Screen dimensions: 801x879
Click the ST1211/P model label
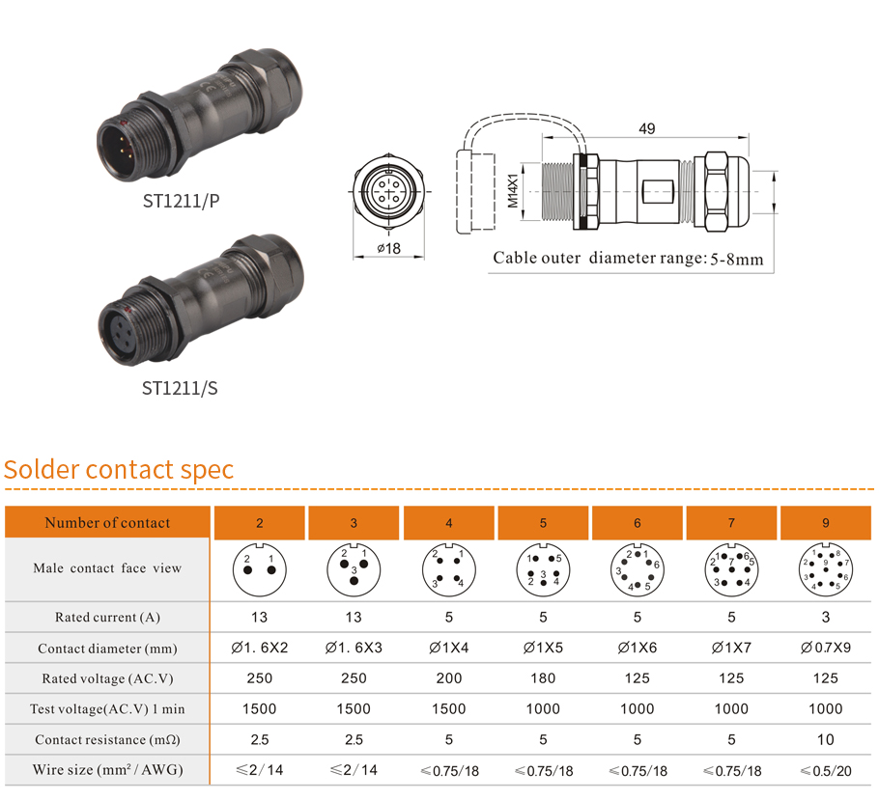pos(181,201)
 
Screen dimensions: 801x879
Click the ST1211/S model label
pos(181,388)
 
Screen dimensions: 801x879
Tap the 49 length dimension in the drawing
pos(647,128)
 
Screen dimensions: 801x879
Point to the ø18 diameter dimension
pos(388,248)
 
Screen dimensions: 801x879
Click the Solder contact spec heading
pos(119,470)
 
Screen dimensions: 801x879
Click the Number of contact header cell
pos(107,523)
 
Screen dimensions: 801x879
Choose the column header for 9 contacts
pos(826,523)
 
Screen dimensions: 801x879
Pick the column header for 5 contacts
pos(543,523)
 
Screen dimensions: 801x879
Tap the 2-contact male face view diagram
pos(260,568)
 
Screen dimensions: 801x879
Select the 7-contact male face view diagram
pos(732,568)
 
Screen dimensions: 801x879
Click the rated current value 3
pos(826,617)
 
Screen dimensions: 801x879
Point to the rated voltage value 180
pos(543,678)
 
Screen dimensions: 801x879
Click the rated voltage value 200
pos(449,678)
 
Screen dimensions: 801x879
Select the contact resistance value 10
pos(826,739)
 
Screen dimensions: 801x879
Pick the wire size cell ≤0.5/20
pos(826,770)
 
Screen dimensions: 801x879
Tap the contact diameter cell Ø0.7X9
pos(826,648)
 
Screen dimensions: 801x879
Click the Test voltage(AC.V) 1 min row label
pos(107,709)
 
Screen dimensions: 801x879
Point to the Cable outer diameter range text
pos(628,259)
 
